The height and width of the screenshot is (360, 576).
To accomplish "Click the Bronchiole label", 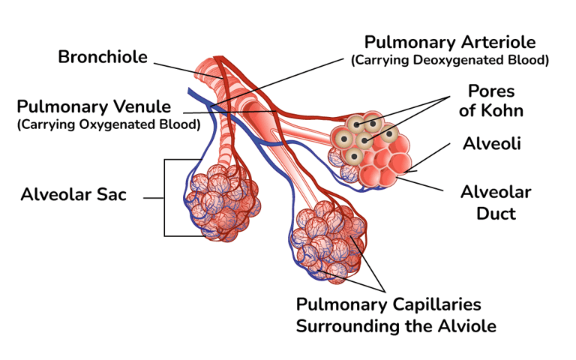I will (103, 57).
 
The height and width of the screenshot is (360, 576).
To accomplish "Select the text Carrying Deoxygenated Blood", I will (450, 59).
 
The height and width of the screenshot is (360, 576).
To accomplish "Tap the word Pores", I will (491, 91).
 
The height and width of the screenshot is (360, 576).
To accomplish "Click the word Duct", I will (496, 213).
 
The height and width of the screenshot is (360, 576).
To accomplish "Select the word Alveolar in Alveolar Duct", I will (496, 193).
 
